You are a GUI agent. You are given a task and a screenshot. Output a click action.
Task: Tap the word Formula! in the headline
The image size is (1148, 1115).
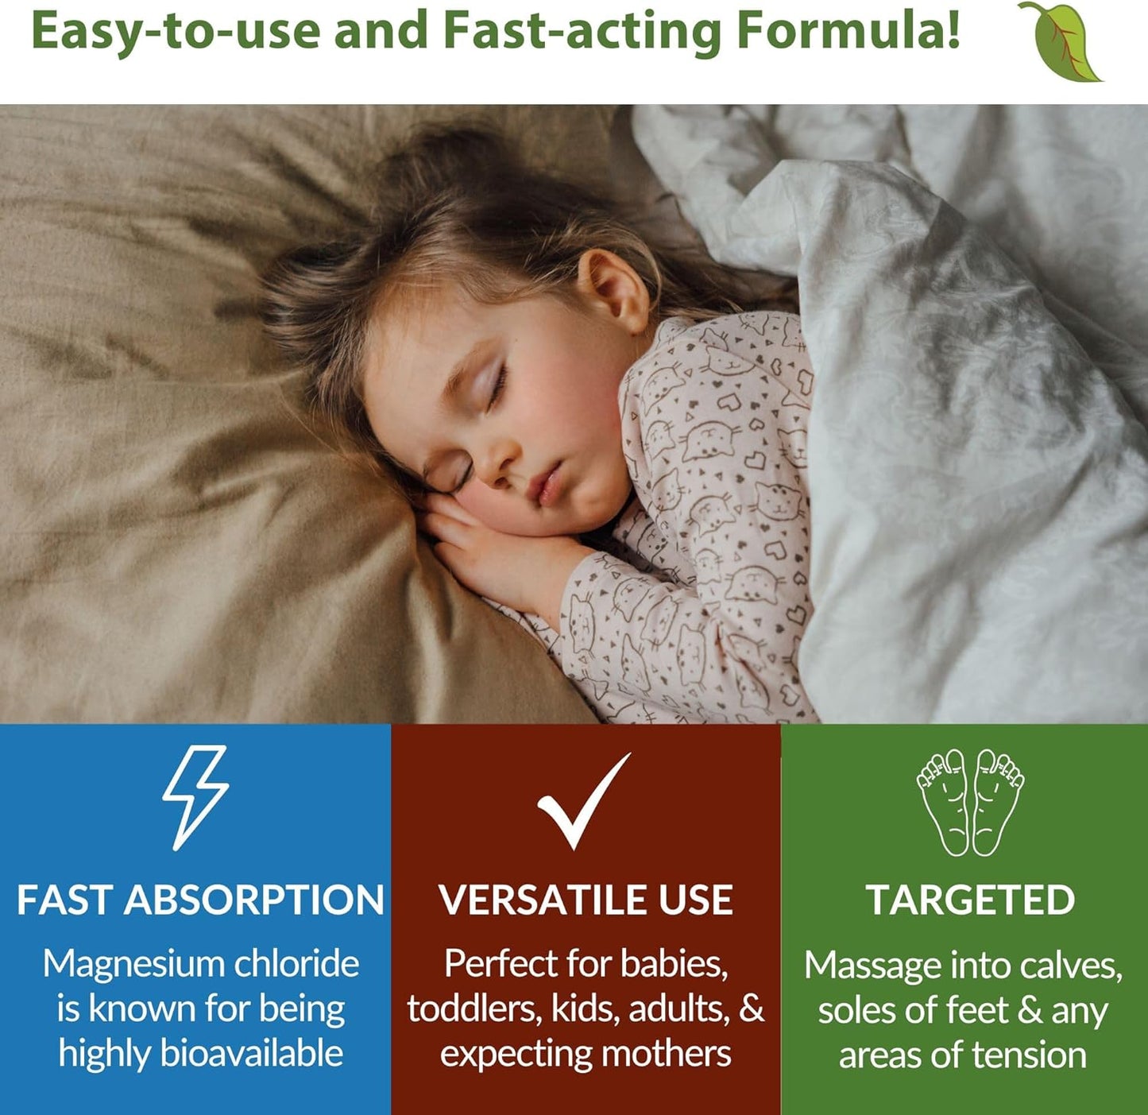tap(848, 31)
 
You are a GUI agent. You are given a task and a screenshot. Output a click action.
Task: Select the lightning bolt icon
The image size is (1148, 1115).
tap(195, 796)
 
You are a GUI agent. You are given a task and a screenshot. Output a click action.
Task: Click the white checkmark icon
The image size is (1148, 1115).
tap(584, 801)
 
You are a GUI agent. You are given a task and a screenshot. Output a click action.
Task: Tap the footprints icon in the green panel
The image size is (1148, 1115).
tap(969, 801)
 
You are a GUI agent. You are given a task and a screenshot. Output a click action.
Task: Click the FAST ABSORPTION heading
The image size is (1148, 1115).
tap(200, 900)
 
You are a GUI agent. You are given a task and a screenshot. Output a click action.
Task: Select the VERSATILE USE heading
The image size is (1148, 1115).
tap(586, 900)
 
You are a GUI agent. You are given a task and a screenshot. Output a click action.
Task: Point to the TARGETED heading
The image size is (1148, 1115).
tap(970, 900)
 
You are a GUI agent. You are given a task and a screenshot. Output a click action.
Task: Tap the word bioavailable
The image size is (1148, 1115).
tap(251, 1054)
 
